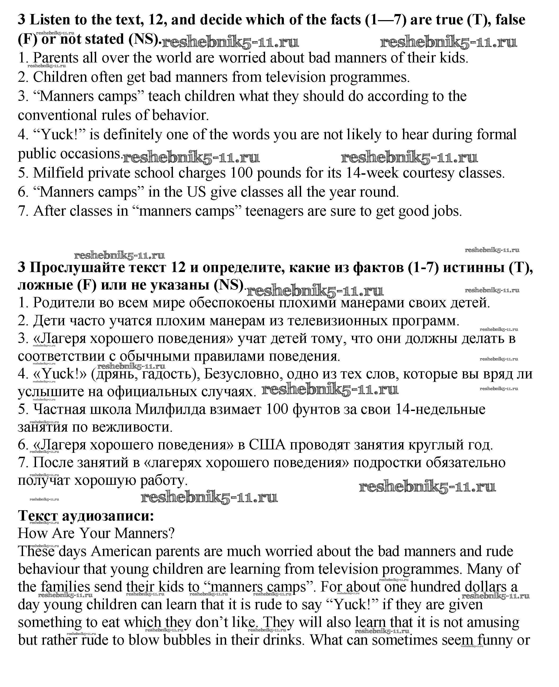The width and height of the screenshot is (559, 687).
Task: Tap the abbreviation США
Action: coord(267,445)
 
